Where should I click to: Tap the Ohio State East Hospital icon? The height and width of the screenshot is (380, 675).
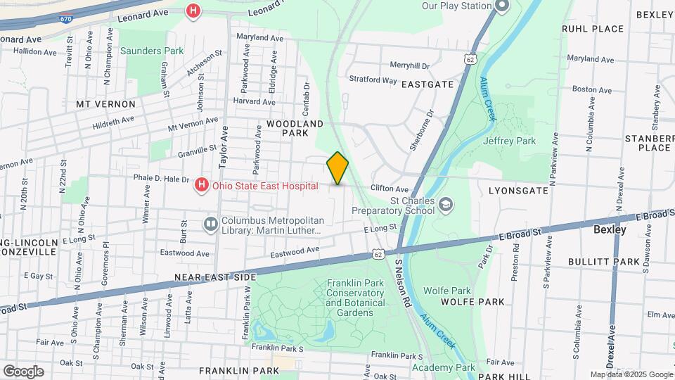click(x=202, y=186)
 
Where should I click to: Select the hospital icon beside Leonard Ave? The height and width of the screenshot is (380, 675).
click(x=193, y=11)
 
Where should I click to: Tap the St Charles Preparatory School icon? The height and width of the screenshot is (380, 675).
click(x=446, y=204)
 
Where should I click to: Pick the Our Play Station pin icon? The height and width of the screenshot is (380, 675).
click(x=501, y=6)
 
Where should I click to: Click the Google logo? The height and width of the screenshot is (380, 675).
click(x=23, y=371)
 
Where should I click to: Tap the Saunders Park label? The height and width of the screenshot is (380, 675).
click(x=151, y=51)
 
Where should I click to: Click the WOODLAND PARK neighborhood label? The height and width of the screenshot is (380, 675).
click(x=295, y=127)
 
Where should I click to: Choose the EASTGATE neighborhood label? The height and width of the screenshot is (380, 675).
click(x=427, y=84)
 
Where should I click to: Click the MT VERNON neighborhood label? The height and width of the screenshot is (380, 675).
click(x=105, y=103)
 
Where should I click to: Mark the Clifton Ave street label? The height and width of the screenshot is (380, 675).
click(x=390, y=189)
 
